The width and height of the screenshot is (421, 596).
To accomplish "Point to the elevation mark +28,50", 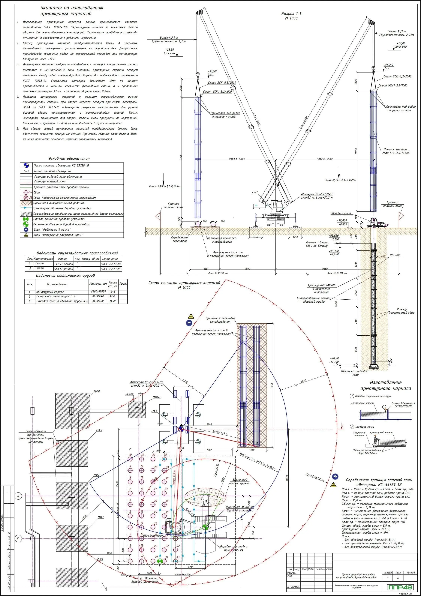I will pos(169,49).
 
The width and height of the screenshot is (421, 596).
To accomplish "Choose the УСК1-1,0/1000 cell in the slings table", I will pos(63,269).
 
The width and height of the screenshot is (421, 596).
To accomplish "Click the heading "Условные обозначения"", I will pos(69,158).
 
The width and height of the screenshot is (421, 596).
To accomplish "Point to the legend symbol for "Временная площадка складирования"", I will pos(26,203).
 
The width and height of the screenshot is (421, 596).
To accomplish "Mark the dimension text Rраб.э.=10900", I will pos(237,159).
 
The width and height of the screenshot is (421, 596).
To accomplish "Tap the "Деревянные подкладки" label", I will pos(179,239).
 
